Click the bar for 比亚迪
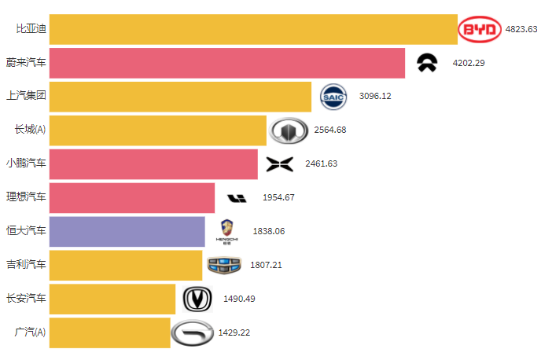tap(252, 29)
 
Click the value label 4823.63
tap(521, 29)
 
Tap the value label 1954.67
tap(278, 197)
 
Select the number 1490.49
tap(239, 299)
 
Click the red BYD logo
tap(480, 30)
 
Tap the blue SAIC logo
tap(333, 96)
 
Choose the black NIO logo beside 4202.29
tap(427, 63)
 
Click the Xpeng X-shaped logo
tap(279, 163)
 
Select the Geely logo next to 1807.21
tap(225, 265)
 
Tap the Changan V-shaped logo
tap(197, 299)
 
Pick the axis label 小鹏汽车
tap(26, 163)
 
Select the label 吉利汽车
tap(26, 265)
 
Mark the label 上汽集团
tap(26, 96)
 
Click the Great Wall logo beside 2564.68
tap(289, 130)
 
